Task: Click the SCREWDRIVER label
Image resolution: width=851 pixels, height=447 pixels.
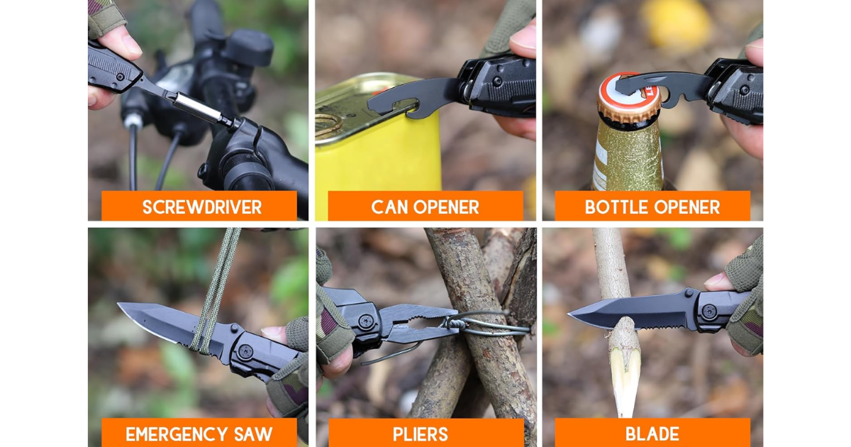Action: [x=201, y=207]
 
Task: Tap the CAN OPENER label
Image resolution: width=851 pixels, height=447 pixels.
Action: [x=425, y=207]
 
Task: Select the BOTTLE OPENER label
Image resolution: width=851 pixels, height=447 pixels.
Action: [x=652, y=207]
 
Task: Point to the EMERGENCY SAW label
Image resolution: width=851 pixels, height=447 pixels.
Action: [x=199, y=434]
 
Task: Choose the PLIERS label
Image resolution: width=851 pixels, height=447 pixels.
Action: [x=421, y=434]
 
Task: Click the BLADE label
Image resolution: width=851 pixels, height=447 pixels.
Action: [x=652, y=434]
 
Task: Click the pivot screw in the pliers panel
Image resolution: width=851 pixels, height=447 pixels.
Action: [x=365, y=321]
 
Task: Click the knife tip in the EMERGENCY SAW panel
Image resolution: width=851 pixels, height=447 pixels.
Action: [x=119, y=304]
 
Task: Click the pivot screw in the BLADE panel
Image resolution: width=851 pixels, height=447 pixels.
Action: [x=709, y=311]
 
